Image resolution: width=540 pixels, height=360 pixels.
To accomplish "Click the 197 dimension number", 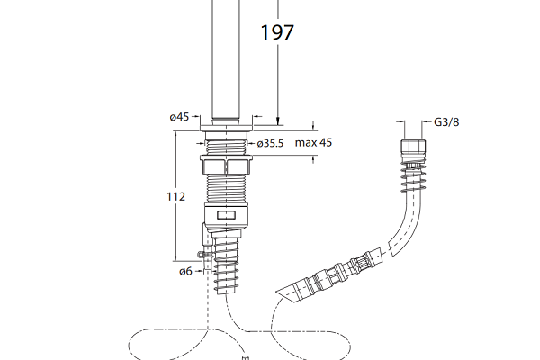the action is pyautogui.click(x=277, y=32).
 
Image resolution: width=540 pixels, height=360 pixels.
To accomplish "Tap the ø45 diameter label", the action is pyautogui.click(x=179, y=117).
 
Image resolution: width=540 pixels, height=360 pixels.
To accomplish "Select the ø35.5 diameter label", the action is pyautogui.click(x=270, y=143).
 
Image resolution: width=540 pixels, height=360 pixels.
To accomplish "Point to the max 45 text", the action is pyautogui.click(x=313, y=142).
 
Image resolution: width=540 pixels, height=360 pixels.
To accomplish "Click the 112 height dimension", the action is pyautogui.click(x=176, y=197).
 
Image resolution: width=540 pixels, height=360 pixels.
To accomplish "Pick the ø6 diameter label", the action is pyautogui.click(x=185, y=272).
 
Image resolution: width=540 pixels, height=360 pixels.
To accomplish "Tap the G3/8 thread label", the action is pyautogui.click(x=446, y=122).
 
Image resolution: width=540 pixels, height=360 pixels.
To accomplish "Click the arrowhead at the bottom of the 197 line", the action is pyautogui.click(x=277, y=121).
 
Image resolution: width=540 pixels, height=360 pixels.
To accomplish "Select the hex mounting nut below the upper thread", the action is pyautogui.click(x=226, y=165).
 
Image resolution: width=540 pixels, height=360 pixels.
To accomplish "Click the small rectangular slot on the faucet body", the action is pyautogui.click(x=226, y=216).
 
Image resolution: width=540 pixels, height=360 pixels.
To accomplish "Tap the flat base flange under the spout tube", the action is pyautogui.click(x=227, y=128).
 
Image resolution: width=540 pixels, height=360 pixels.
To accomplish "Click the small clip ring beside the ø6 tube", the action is pyautogui.click(x=202, y=255).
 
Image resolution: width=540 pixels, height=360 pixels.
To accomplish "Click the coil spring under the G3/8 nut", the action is pyautogui.click(x=413, y=176).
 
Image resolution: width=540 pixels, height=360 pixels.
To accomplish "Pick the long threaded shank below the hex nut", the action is pyautogui.click(x=226, y=189).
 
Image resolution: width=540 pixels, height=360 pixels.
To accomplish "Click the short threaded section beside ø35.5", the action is pyautogui.click(x=226, y=147).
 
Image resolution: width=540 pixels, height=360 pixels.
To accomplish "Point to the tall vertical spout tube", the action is pyautogui.click(x=226, y=59).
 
